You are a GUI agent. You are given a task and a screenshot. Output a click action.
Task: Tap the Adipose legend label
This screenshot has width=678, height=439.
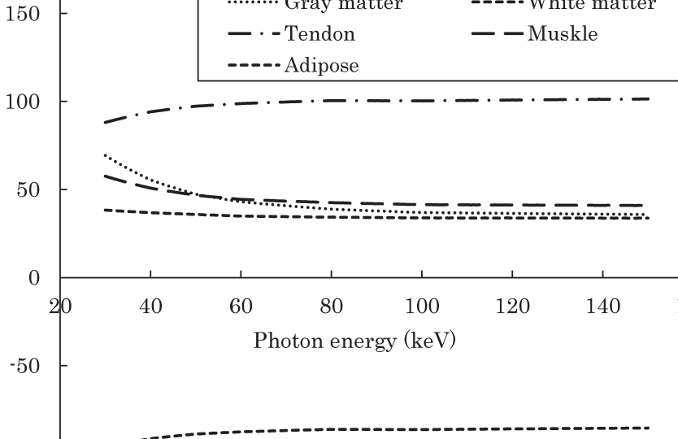(321, 66)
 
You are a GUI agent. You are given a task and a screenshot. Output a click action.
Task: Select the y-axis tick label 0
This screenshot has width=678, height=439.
(36, 278)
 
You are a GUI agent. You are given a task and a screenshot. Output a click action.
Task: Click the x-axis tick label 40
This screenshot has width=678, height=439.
(150, 306)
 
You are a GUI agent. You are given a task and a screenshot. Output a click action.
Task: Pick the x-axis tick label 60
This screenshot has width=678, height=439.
(241, 306)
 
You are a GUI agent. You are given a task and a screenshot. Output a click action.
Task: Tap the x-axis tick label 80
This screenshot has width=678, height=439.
(331, 306)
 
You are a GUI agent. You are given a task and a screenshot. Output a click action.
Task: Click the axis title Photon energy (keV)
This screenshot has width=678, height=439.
(354, 340)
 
